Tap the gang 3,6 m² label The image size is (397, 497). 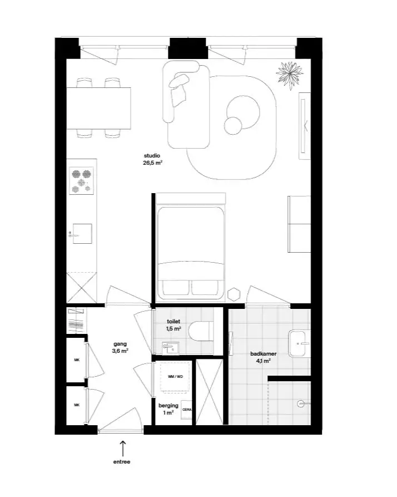click(120, 347)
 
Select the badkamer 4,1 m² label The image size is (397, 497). click(263, 357)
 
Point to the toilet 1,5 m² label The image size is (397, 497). click(173, 325)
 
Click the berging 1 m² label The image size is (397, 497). click(168, 409)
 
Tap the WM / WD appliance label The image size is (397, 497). click(175, 377)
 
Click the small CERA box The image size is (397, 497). click(186, 410)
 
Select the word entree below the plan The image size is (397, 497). click(122, 462)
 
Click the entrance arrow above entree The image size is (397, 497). click(122, 448)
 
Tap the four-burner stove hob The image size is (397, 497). click(82, 181)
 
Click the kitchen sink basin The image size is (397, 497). click(82, 234)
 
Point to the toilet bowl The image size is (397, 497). click(201, 331)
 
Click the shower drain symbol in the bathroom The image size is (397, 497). click(301, 403)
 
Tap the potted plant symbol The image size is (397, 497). click(289, 76)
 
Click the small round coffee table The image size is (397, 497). click(233, 126)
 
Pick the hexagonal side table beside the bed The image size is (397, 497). click(234, 294)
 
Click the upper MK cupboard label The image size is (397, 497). click(77, 360)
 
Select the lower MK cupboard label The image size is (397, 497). click(77, 405)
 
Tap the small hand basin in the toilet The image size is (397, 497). click(170, 348)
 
